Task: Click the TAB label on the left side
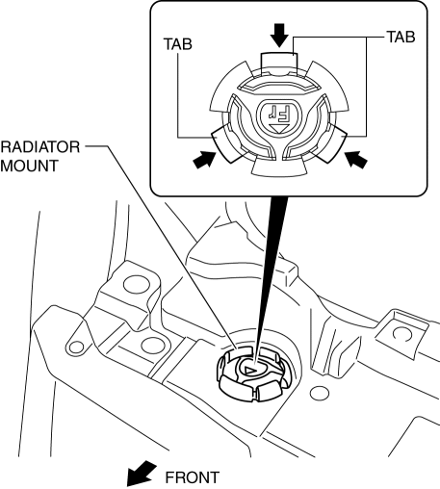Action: (177, 44)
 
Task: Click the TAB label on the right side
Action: (401, 37)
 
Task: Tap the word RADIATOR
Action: (40, 147)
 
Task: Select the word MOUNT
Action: (29, 166)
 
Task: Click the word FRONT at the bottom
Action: (193, 477)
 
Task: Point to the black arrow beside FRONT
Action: (141, 474)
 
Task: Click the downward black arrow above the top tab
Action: (279, 36)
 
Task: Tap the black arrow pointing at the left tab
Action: (204, 160)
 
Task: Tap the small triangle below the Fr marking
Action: (278, 128)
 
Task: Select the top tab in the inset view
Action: (279, 64)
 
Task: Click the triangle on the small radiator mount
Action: (249, 370)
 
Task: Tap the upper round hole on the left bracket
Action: (137, 284)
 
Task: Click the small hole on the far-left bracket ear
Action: (76, 347)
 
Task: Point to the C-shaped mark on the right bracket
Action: (402, 334)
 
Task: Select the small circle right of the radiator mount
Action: (320, 394)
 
